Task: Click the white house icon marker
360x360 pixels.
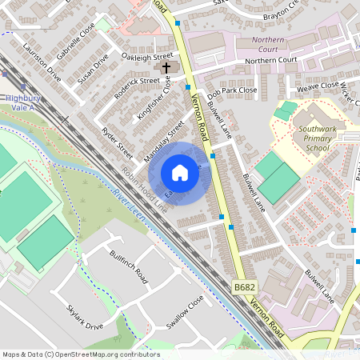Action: coord(180,173)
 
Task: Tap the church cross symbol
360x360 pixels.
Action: coord(167,69)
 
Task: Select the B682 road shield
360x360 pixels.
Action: coord(245,286)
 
